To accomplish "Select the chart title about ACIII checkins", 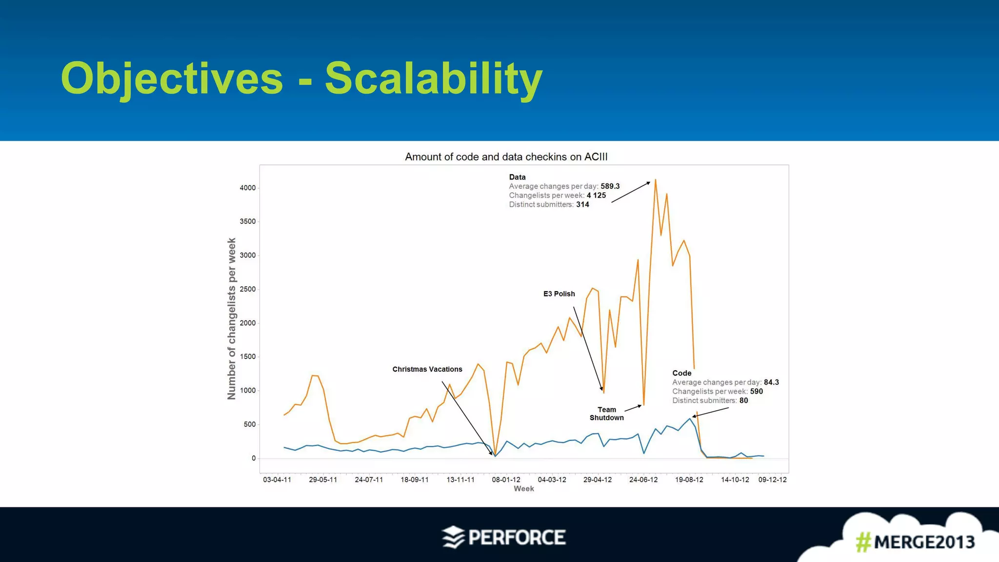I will tap(506, 157).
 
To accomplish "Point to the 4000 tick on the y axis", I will tap(247, 188).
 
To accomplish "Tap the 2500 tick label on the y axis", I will tap(247, 289).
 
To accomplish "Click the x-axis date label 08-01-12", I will tap(506, 480).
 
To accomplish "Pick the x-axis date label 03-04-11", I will tap(277, 480).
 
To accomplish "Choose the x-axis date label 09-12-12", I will tap(772, 480).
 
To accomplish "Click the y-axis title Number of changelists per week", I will tap(232, 319).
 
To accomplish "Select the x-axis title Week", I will tap(523, 489).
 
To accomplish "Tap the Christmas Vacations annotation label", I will tap(427, 369).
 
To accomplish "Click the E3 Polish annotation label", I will tap(559, 294).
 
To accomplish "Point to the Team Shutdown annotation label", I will tap(606, 414).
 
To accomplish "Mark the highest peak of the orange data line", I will tap(655, 180).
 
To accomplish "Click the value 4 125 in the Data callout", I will tap(596, 196).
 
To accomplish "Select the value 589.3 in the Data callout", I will tap(610, 186).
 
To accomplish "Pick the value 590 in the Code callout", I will tap(756, 392).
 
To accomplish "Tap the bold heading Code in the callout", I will tap(681, 373).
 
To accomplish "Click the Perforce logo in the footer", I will tap(504, 537).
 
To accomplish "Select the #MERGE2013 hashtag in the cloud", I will tap(915, 542).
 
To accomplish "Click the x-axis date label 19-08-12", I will tap(689, 480).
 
